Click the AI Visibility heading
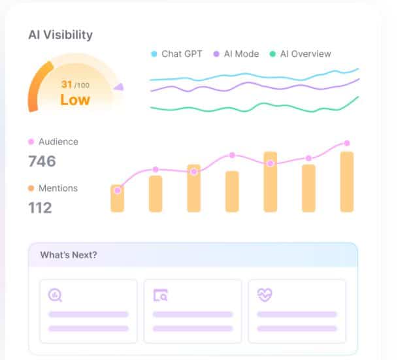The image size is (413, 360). pos(60,35)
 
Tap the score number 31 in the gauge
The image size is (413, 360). pos(67,84)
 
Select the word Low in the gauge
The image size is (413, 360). pos(74,100)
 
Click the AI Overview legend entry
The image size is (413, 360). pos(305,54)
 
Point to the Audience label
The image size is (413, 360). pos(58,142)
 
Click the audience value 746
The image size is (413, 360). pos(42,161)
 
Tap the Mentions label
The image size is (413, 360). pos(58,188)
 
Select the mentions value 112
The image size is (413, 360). pos(40,208)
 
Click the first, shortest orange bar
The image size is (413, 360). pos(117,199)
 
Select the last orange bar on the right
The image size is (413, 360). pos(347,182)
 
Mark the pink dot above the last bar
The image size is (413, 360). pos(347,143)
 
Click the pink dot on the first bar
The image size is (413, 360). pos(117,191)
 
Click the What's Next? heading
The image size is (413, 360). pos(69,255)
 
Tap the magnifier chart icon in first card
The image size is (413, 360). pos(56,295)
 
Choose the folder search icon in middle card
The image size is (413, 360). pos(160,295)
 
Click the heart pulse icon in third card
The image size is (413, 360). pos(265,295)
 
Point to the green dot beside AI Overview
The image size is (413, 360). pos(273,54)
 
